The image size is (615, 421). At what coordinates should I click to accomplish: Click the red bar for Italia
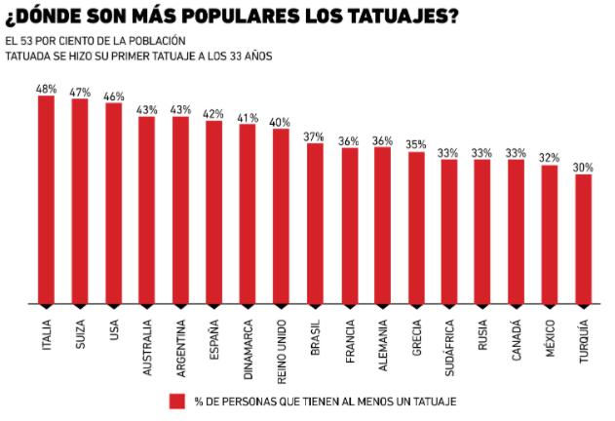[x=47, y=200]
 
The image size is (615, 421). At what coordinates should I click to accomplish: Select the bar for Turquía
[x=583, y=239]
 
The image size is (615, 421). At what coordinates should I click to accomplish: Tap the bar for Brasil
[x=315, y=223]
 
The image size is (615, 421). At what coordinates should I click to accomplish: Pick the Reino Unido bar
[x=281, y=216]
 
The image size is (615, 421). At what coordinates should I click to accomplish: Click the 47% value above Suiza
[x=80, y=92]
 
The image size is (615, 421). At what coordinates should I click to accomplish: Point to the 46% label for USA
[x=113, y=96]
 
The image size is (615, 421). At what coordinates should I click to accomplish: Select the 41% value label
[x=248, y=118]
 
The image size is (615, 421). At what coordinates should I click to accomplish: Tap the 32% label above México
[x=550, y=158]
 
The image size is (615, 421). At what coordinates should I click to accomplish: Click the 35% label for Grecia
[x=415, y=145]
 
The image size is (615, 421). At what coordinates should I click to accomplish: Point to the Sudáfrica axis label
[x=449, y=347]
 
